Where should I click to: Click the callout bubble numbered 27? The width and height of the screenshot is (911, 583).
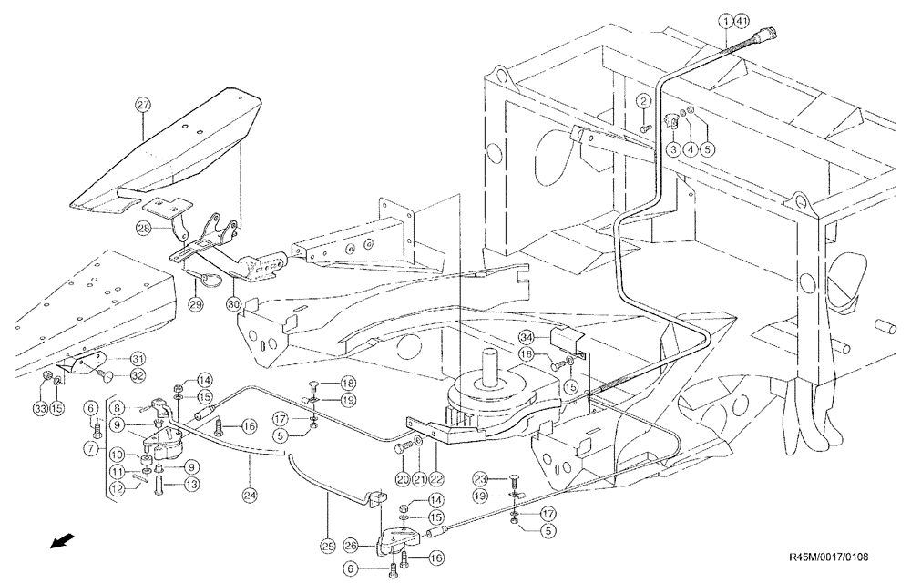click(142, 105)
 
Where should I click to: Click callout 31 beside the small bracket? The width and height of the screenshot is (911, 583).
click(138, 357)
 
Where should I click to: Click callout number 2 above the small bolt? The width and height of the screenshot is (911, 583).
click(643, 100)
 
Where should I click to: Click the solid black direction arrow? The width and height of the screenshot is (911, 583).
click(61, 544)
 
